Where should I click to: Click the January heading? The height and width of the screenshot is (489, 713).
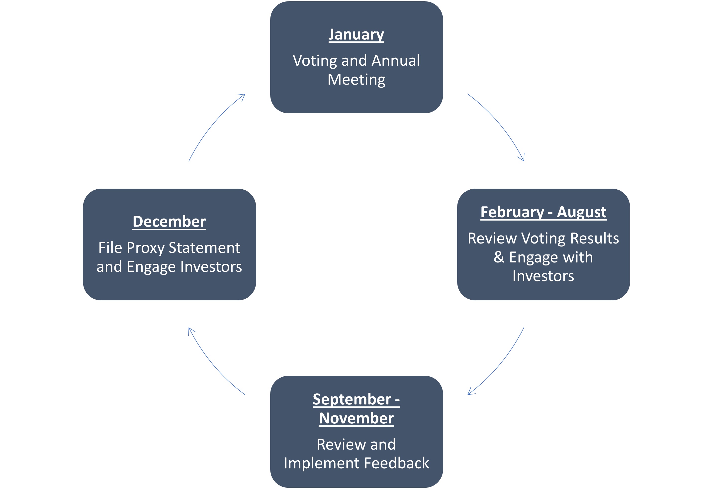356,34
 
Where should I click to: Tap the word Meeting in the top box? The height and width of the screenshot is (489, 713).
356,80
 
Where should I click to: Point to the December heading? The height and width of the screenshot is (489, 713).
169,222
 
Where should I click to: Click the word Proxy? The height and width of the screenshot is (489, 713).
145,248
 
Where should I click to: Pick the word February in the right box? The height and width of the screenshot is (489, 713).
512,212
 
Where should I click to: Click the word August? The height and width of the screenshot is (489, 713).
581,212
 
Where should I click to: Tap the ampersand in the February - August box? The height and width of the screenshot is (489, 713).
499,257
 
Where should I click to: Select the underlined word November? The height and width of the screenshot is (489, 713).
356,418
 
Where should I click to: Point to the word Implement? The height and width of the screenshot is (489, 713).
322,463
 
